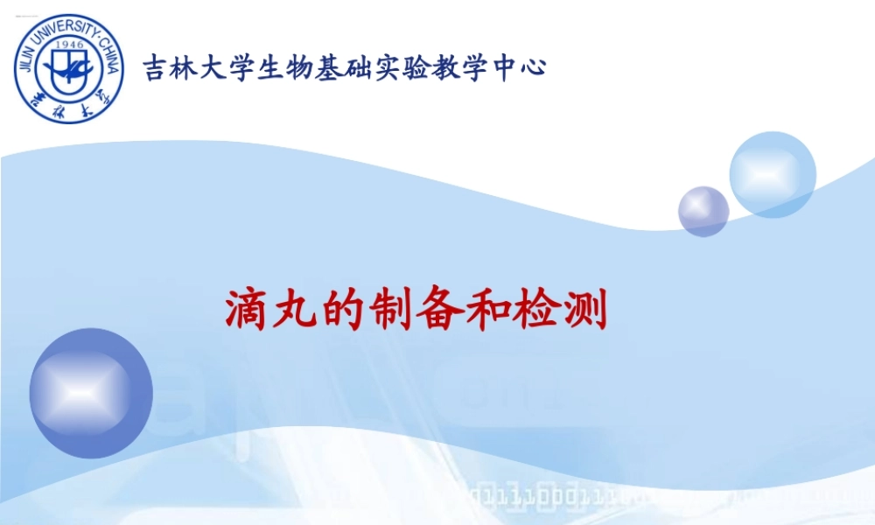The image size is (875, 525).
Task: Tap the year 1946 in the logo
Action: pos(69,41)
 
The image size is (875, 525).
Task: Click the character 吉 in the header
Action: pos(157,67)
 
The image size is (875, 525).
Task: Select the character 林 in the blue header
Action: pos(185,67)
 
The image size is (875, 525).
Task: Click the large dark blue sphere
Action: pos(91,393)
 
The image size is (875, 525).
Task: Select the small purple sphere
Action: pos(703,211)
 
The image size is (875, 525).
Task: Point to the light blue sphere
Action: pos(772,174)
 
